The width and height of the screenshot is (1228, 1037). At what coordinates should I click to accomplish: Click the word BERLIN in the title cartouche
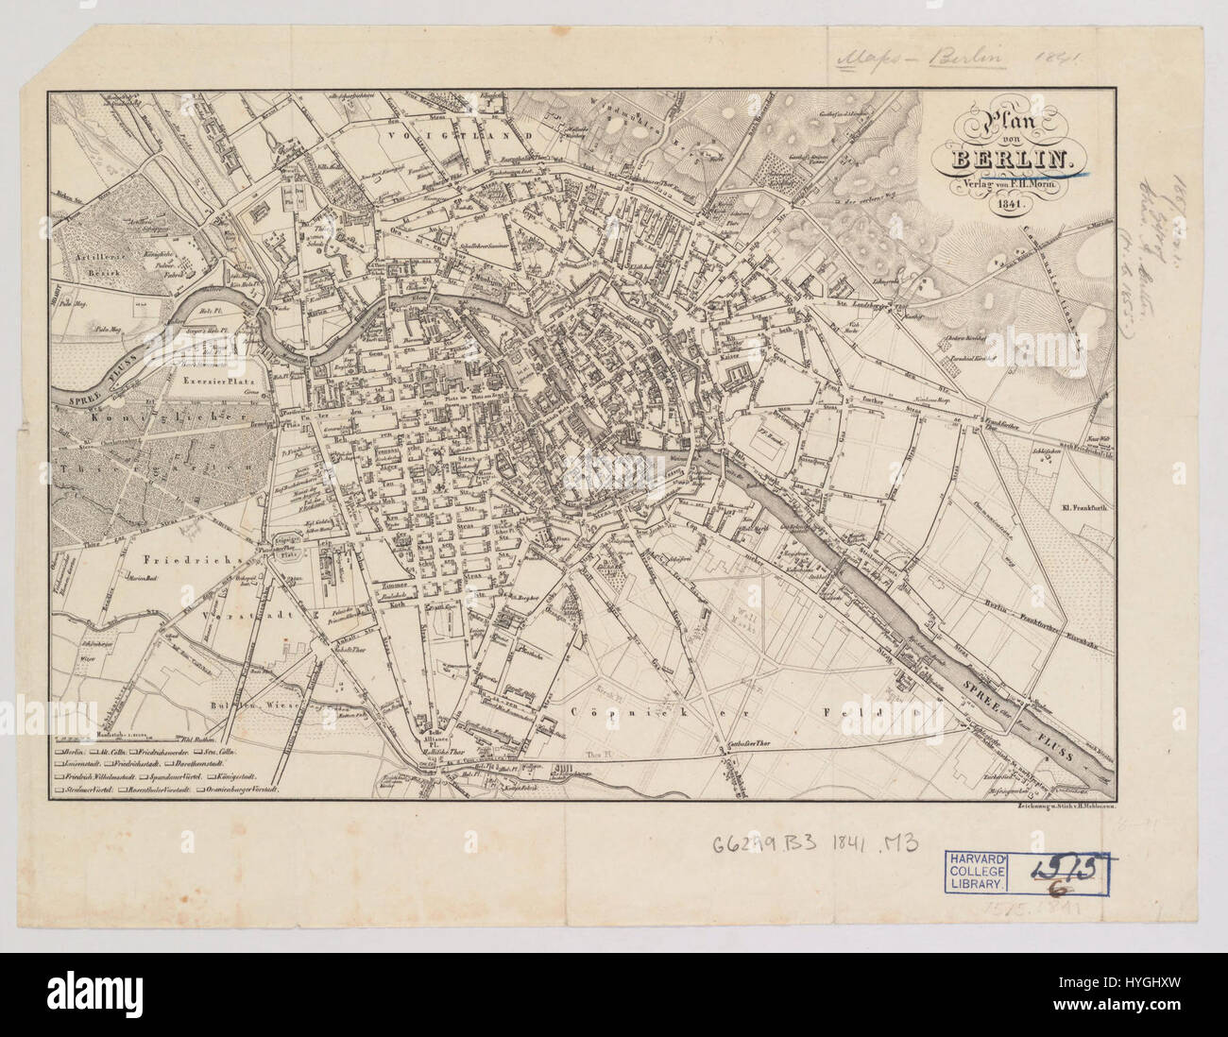(x=1010, y=160)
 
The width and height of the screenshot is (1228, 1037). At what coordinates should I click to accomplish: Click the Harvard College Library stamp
(x=979, y=870)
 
